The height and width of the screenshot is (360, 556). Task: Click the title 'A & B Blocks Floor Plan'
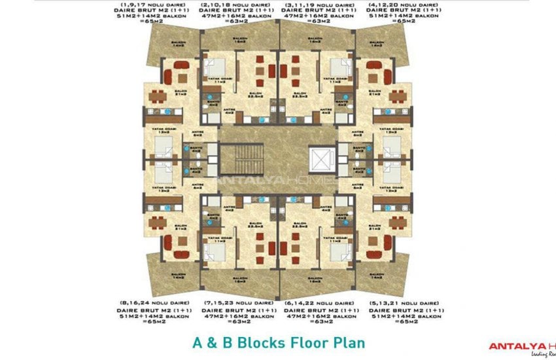coord(279,342)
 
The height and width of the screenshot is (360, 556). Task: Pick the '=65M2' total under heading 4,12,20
coord(392,29)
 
